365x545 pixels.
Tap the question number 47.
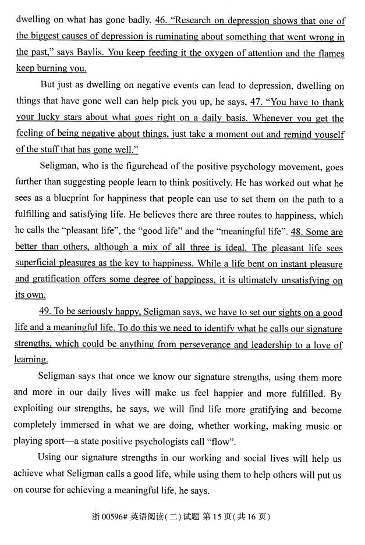[256, 102]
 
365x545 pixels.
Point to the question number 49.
[47, 312]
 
